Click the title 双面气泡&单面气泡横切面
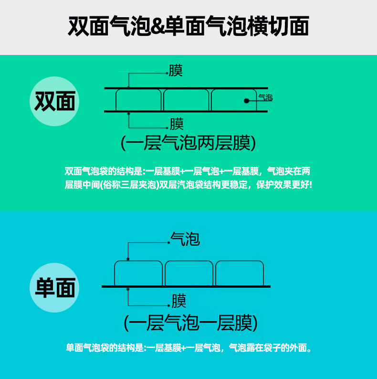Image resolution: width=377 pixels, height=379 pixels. pyautogui.click(x=188, y=26)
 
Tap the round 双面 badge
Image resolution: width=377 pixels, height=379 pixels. pyautogui.click(x=55, y=102)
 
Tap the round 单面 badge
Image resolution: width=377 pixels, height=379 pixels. pyautogui.click(x=55, y=288)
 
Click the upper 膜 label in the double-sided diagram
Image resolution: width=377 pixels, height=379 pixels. pyautogui.click(x=176, y=71)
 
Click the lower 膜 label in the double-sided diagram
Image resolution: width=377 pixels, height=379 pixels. pyautogui.click(x=177, y=124)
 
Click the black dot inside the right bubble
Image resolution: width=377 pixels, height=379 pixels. pyautogui.click(x=246, y=101)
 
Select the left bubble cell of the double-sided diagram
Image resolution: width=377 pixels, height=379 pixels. pyautogui.click(x=139, y=100)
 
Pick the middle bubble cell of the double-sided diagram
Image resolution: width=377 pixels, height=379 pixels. pyautogui.click(x=187, y=100)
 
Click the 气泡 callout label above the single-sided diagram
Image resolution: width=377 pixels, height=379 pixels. pyautogui.click(x=185, y=238)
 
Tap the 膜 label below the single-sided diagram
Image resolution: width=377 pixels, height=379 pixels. pyautogui.click(x=179, y=302)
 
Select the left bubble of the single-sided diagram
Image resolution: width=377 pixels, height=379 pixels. pyautogui.click(x=138, y=273)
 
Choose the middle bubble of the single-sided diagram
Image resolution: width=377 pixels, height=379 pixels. pyautogui.click(x=189, y=273)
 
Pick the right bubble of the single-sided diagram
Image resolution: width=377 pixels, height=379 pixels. pyautogui.click(x=240, y=273)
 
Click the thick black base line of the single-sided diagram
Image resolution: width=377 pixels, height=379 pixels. pyautogui.click(x=186, y=286)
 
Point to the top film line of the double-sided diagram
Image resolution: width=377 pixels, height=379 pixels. pyautogui.click(x=186, y=88)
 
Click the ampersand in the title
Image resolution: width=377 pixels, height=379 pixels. pyautogui.click(x=157, y=27)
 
